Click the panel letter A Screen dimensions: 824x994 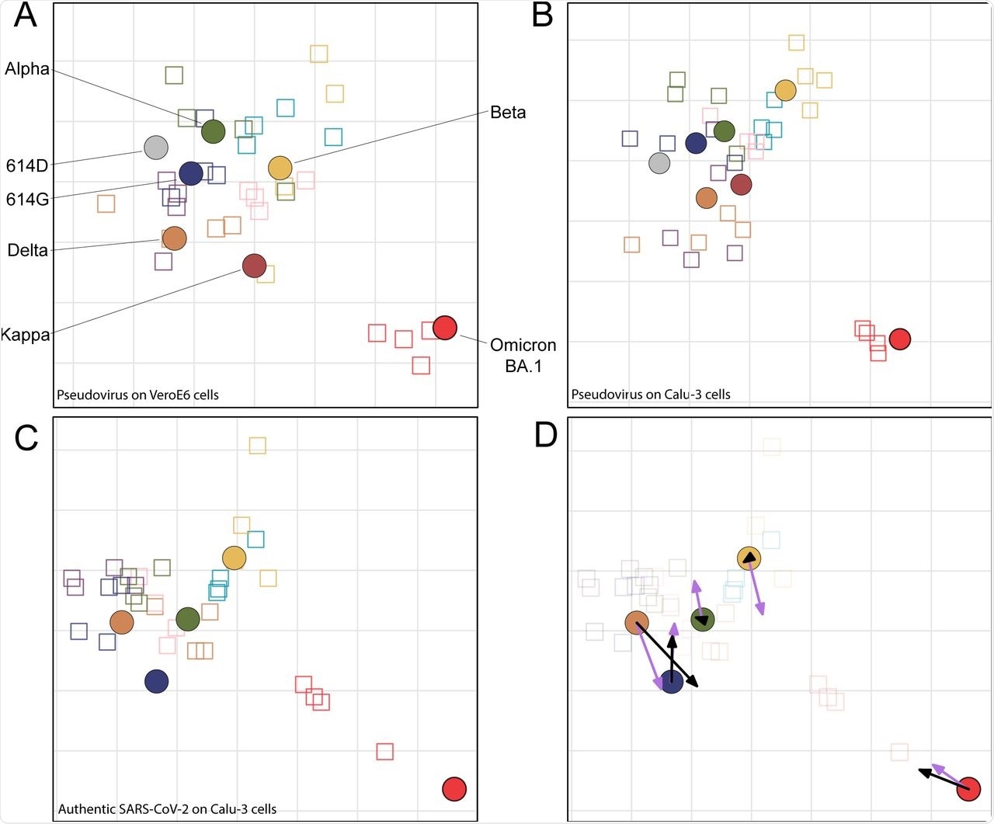tap(26, 16)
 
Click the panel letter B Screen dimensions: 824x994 tap(542, 16)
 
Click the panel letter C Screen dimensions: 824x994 tap(26, 439)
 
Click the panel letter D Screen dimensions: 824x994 tap(546, 436)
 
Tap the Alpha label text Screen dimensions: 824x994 tap(27, 69)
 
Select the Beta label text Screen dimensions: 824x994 tap(508, 113)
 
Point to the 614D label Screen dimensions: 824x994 tap(27, 165)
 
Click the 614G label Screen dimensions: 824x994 tap(27, 200)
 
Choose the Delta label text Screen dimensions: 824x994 tap(27, 250)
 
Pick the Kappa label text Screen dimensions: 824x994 tap(26, 336)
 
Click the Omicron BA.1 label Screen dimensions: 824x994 tap(523, 355)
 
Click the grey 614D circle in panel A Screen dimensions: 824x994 tap(156, 147)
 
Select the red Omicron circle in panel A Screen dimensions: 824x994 tap(445, 328)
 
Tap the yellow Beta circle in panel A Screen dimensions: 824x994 tap(280, 168)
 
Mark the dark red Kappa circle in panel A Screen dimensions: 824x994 tap(254, 266)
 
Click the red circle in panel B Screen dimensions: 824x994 tap(899, 339)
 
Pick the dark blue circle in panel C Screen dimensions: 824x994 tap(157, 681)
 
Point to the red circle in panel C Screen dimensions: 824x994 tap(454, 789)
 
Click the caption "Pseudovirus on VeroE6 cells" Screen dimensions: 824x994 tap(137, 395)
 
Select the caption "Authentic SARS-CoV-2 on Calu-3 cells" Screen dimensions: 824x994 tap(167, 809)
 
